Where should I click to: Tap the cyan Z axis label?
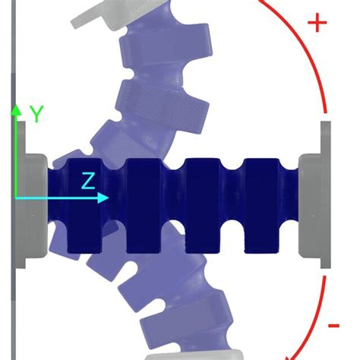(x=89, y=181)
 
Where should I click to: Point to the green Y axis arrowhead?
(x=16, y=109)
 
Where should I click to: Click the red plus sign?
(x=317, y=22)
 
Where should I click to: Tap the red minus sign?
(x=333, y=326)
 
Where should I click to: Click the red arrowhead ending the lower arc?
(x=288, y=355)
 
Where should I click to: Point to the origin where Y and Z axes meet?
(x=16, y=198)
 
